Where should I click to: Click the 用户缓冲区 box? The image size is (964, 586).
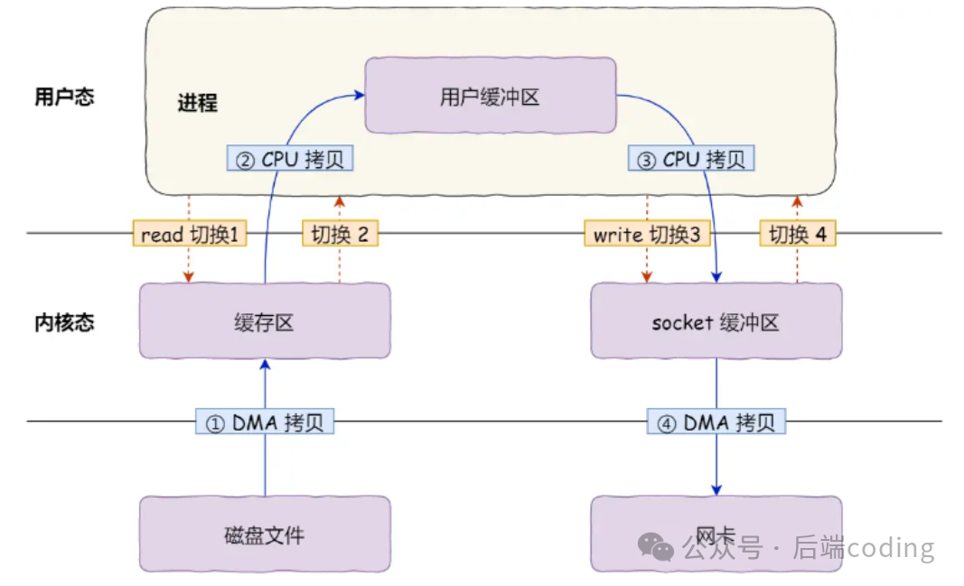490,96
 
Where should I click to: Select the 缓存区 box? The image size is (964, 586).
265,321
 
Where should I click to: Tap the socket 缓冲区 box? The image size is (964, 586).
716,321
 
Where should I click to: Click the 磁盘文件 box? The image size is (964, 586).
265,534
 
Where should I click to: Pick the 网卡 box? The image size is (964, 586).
716,534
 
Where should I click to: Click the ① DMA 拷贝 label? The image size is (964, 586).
265,423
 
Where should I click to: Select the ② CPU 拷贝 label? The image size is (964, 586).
289,160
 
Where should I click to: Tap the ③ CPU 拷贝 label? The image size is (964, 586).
690,160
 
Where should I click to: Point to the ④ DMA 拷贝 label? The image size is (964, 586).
716,423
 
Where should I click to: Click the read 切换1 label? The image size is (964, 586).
189,234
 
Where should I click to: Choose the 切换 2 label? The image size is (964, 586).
340,234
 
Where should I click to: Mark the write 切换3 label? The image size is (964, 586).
646,234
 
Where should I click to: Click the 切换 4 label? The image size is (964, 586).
797,234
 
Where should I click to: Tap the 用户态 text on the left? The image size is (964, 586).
64,98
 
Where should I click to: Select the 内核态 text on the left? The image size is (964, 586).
64,322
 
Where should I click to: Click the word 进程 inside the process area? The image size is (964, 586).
197,103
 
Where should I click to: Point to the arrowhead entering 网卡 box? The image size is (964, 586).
716,489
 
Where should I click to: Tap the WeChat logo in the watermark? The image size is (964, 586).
656,547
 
